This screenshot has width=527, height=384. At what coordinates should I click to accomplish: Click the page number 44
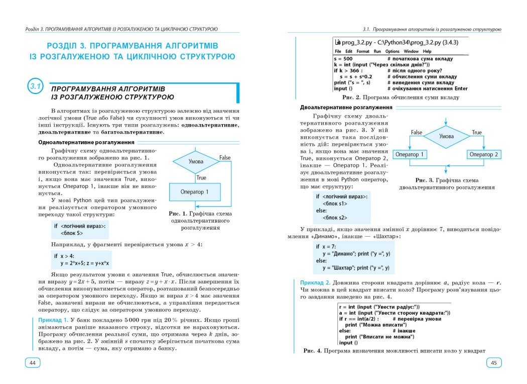coord(33,363)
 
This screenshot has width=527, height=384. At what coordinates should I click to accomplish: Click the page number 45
coord(493,363)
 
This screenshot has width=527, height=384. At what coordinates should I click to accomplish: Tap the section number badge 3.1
coord(36,88)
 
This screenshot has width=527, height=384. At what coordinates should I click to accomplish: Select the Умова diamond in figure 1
coord(196,162)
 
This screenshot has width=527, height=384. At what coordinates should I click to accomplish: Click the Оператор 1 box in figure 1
coord(195,191)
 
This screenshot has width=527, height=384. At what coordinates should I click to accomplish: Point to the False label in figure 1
coord(225,158)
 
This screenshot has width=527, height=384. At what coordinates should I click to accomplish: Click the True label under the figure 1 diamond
coord(201,177)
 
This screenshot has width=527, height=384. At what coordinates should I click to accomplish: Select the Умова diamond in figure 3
coord(446,136)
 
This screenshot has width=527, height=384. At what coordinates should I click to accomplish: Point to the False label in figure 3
coord(417,133)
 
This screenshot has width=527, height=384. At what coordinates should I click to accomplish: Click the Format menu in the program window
coord(363,51)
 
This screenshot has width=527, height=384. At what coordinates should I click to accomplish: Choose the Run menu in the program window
coord(377,51)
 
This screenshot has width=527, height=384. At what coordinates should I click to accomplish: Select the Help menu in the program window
coord(427,51)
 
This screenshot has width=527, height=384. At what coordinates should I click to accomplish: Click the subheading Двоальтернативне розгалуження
coord(346,107)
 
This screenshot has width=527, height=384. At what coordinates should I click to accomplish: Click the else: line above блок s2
coord(321,211)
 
